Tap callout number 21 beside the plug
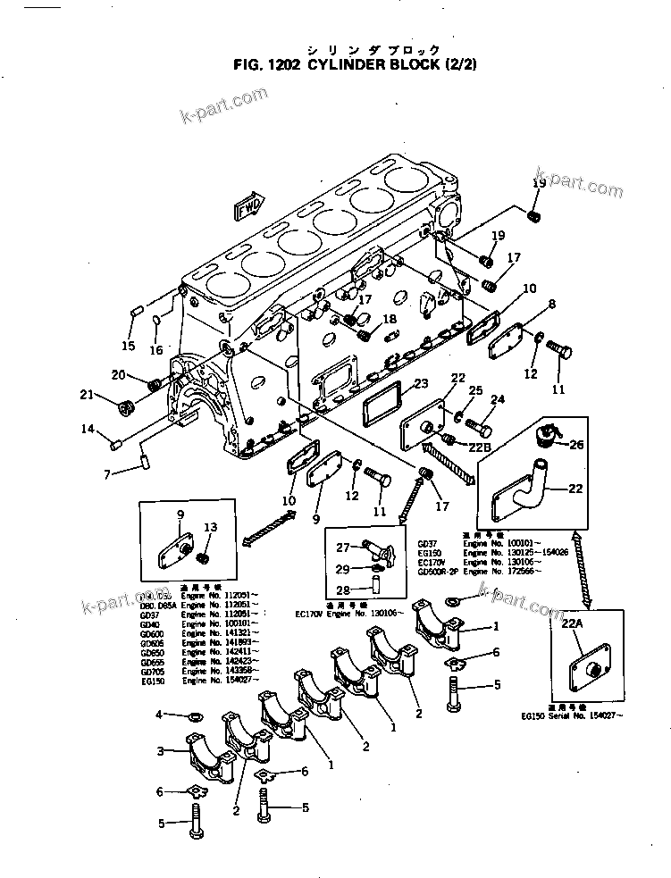click(x=87, y=395)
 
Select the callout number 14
click(x=88, y=429)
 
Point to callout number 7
click(x=107, y=472)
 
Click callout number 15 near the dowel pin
click(x=128, y=346)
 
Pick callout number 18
click(x=390, y=319)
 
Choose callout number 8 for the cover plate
click(x=551, y=305)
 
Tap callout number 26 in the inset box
click(x=576, y=444)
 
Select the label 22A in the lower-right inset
click(x=573, y=626)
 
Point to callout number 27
click(x=343, y=548)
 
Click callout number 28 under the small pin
click(x=343, y=590)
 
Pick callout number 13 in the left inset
click(x=210, y=527)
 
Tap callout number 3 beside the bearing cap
click(x=160, y=751)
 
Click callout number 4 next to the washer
click(x=159, y=715)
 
